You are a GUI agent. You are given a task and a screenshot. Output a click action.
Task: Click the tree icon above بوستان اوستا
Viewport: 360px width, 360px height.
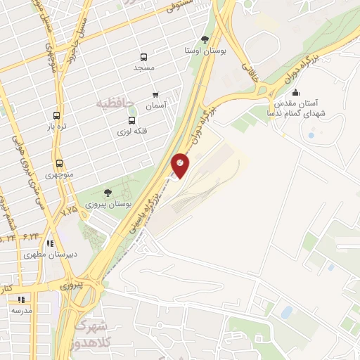[x=205, y=39]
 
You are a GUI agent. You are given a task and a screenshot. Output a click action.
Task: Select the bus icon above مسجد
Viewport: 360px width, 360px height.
[x=144, y=57]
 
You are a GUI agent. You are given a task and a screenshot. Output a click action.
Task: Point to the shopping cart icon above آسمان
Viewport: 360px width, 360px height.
[x=155, y=94]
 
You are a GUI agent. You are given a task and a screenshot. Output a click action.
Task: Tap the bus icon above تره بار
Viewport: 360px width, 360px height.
[x=57, y=116]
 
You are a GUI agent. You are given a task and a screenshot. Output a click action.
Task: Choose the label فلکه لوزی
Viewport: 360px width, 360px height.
[x=134, y=131]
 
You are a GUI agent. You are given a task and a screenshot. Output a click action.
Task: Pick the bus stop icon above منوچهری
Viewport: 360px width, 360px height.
[x=59, y=163]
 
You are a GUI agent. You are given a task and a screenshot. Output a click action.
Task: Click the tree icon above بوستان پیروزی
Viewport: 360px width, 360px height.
[x=107, y=192]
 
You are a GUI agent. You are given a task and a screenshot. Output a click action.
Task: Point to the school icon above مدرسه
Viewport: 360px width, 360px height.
[x=20, y=299]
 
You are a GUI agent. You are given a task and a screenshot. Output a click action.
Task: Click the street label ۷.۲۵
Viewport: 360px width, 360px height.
[x=69, y=210]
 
